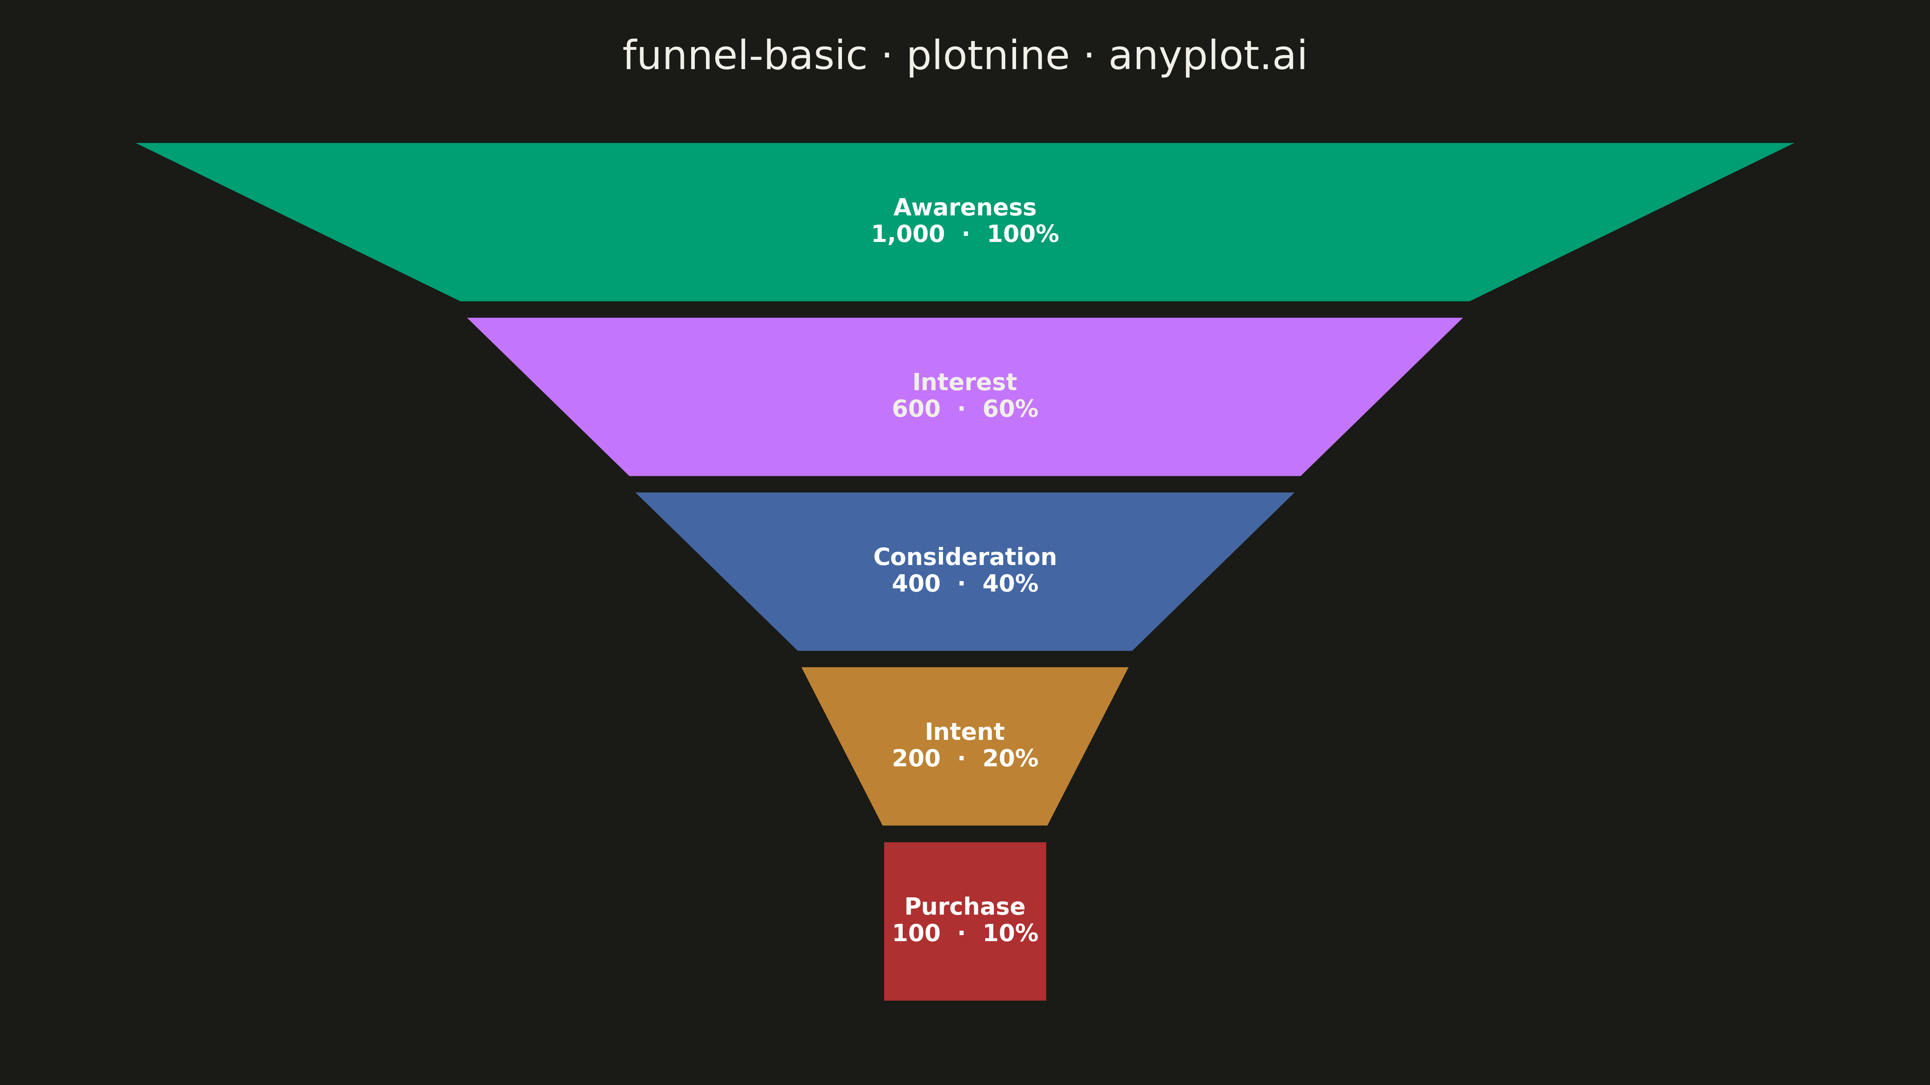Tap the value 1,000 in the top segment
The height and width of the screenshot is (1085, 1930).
pyautogui.click(x=908, y=234)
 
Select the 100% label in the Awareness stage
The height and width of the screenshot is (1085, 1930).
pyautogui.click(x=1022, y=234)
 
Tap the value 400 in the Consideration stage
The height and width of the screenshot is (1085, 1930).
pyautogui.click(x=916, y=583)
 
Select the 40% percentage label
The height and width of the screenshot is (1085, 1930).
pyautogui.click(x=1010, y=583)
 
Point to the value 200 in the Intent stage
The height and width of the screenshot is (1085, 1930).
pyautogui.click(x=916, y=759)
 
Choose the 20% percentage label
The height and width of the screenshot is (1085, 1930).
pyautogui.click(x=1010, y=759)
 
